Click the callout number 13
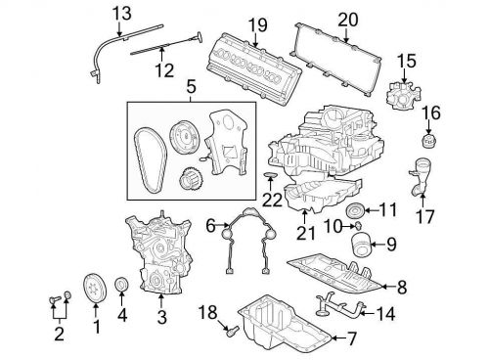pos(122,14)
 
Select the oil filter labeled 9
pos(361,245)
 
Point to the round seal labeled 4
pos(121,285)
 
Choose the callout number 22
pos(272,200)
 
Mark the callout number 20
pos(348,20)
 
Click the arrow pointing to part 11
pos(370,210)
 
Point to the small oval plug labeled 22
pos(270,176)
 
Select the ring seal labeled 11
pos(354,210)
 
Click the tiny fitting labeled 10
pos(359,224)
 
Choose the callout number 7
pos(351,339)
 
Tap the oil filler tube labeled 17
pos(419,177)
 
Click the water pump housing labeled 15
pos(404,95)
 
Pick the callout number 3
pos(161,317)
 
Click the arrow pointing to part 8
pos(388,287)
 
